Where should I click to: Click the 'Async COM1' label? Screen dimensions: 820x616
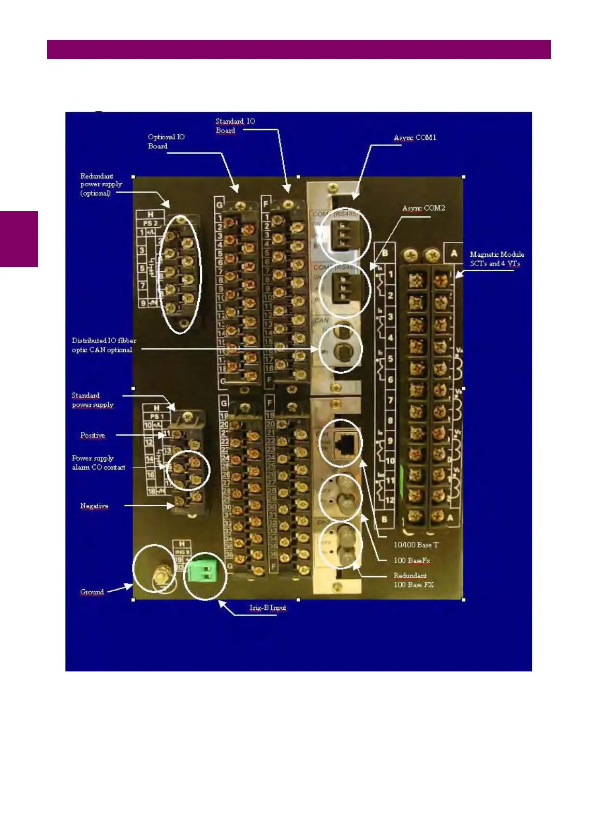(415, 138)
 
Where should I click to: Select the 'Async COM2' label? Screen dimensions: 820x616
(423, 208)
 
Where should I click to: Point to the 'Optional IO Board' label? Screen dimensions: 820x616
(166, 141)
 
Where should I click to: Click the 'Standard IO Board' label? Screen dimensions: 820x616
(235, 126)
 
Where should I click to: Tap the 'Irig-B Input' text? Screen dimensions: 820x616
(268, 607)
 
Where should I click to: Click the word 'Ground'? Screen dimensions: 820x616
(92, 592)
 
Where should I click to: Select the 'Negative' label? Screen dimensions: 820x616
(94, 506)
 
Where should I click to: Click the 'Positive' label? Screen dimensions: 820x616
(93, 435)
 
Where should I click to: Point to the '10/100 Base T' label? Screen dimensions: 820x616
(416, 545)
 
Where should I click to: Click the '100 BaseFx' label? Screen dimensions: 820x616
(412, 560)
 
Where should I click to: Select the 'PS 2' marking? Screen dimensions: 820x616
(150, 223)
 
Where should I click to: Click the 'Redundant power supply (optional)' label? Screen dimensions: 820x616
(101, 184)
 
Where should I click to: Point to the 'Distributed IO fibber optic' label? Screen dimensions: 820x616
(104, 345)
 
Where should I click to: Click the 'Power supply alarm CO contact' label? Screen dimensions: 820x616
(98, 462)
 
